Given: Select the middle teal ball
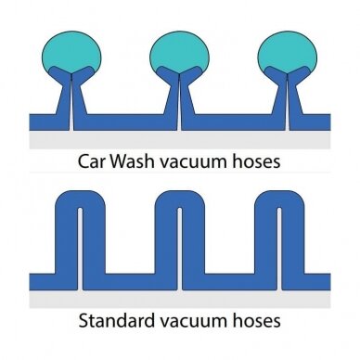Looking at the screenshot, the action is click(x=178, y=53).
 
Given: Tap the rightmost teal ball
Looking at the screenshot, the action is click(x=289, y=53).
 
